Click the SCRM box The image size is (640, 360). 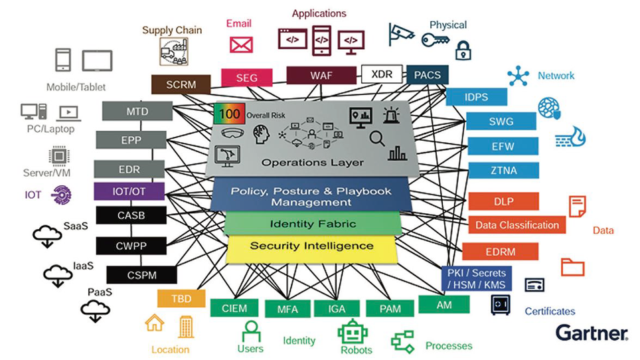[181, 84]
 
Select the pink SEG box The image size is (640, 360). [246, 78]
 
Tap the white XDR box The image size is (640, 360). [382, 74]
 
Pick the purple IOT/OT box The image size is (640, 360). [129, 191]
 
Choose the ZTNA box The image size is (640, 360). [502, 170]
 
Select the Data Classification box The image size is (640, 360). [517, 225]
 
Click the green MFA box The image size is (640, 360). [287, 309]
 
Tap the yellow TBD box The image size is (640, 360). [181, 299]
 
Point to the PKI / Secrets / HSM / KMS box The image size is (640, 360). [476, 279]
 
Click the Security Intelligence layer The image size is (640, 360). [311, 246]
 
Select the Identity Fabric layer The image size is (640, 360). [313, 224]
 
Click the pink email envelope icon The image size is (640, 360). [241, 45]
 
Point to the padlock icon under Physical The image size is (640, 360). [463, 50]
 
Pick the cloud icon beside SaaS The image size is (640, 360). [47, 235]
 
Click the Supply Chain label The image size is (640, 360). [172, 30]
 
